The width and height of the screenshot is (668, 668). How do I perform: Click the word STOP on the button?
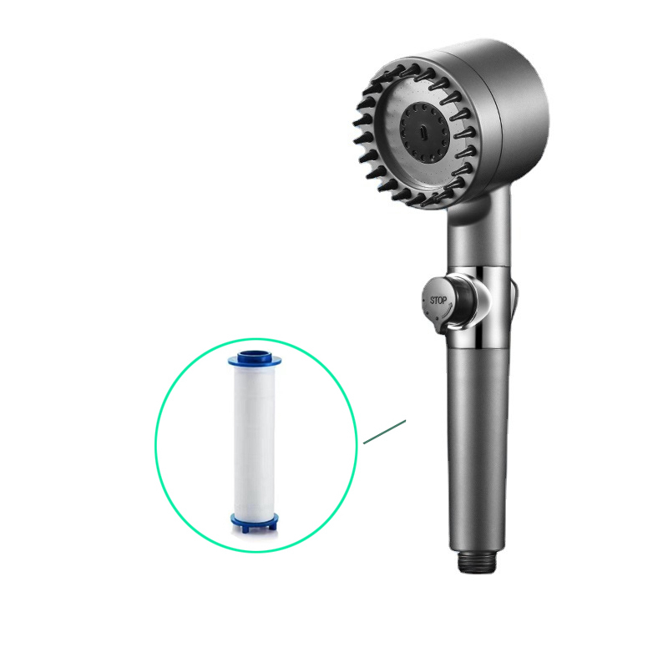click(x=438, y=301)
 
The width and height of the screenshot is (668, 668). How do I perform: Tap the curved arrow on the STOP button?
click(x=444, y=314)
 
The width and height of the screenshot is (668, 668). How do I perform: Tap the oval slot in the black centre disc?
click(x=423, y=131)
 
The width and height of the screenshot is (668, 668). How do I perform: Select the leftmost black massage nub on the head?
click(x=361, y=120)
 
